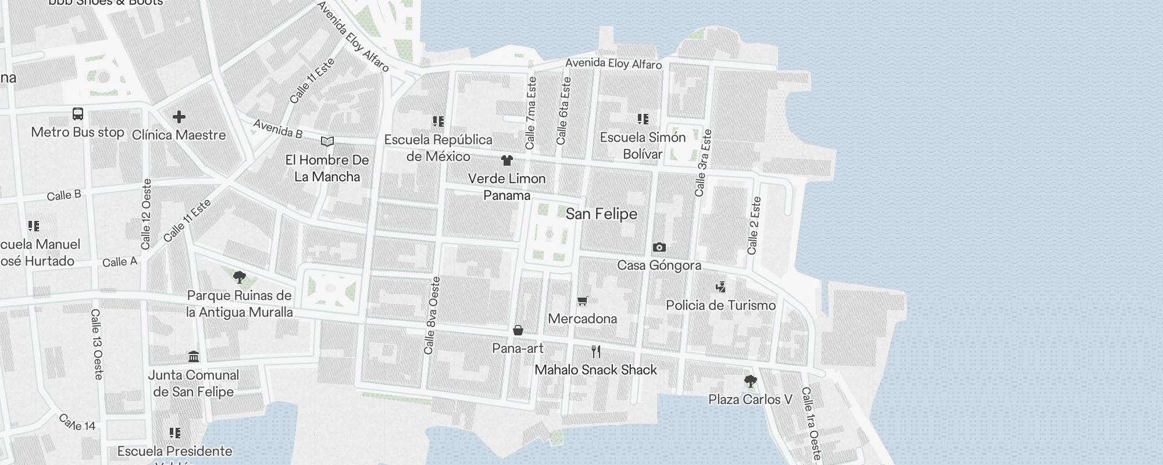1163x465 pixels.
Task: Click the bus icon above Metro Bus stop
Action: [x=78, y=114]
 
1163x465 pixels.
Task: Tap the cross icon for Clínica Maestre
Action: [x=179, y=117]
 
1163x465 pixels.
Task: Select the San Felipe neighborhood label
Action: [x=601, y=214]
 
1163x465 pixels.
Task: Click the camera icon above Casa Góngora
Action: [x=659, y=247]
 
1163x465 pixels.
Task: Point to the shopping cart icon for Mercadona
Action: [x=583, y=301]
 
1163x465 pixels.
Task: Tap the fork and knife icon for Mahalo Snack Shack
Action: [x=595, y=351]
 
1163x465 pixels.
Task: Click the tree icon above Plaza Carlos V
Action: [x=750, y=381]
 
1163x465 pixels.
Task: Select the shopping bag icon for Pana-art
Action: [x=518, y=330]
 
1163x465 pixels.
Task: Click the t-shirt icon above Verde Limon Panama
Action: [x=507, y=160]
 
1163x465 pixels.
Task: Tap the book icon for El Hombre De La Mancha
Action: [x=327, y=141]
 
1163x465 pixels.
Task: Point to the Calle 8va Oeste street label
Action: [x=433, y=316]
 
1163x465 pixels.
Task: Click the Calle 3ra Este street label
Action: [x=703, y=163]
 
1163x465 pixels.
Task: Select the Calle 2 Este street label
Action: [x=754, y=226]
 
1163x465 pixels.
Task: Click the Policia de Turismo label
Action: [x=720, y=305]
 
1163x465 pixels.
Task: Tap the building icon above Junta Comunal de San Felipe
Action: [x=194, y=356]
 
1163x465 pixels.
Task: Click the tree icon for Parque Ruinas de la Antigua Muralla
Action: [x=239, y=277]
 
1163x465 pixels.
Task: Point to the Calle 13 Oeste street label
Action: [x=97, y=344]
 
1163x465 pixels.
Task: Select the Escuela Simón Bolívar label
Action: [x=643, y=145]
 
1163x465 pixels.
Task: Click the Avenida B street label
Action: [x=278, y=128]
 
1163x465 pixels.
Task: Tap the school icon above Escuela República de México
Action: [x=438, y=121]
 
